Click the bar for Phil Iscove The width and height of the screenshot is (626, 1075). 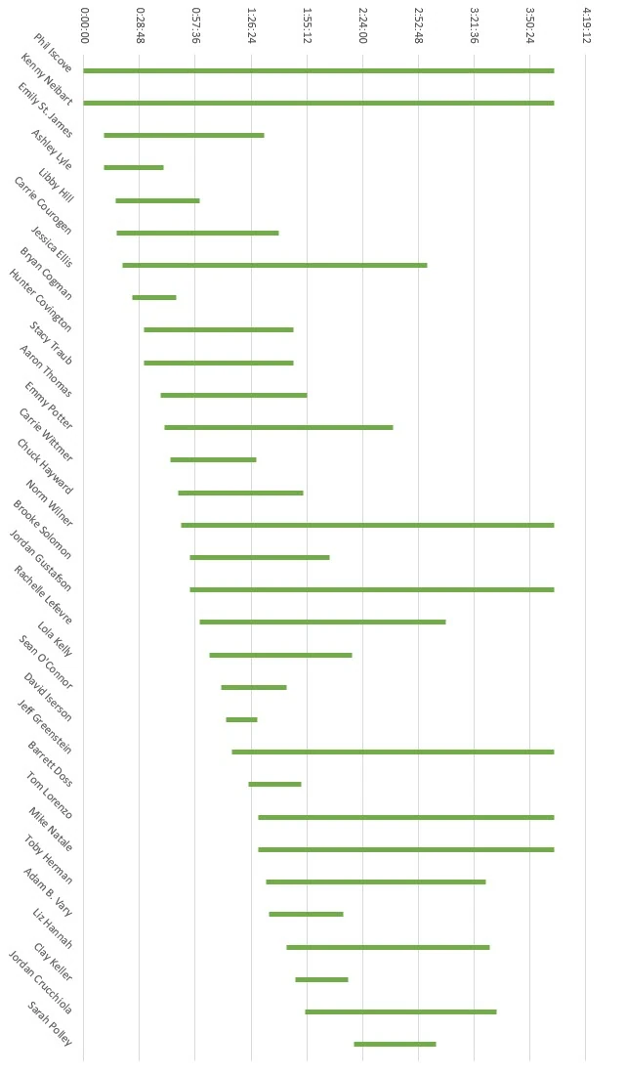[x=318, y=70]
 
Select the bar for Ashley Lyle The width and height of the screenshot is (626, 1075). [x=134, y=167]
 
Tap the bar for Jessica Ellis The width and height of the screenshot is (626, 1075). [x=274, y=265]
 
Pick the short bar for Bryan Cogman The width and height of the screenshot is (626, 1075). [x=154, y=297]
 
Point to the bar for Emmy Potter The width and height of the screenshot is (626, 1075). [x=278, y=427]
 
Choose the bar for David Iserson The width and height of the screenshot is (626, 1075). [x=241, y=719]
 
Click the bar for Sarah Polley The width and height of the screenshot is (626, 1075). [x=395, y=1044]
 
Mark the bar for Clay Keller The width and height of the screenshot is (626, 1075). [x=321, y=979]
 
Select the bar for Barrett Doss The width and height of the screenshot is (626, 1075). [x=274, y=784]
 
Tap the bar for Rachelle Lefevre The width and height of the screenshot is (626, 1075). [x=322, y=622]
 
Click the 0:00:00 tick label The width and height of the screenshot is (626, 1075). [x=84, y=23]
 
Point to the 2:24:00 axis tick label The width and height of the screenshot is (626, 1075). [x=363, y=23]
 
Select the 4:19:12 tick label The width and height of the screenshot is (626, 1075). [x=586, y=23]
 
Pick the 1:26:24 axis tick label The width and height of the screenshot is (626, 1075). [x=252, y=23]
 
